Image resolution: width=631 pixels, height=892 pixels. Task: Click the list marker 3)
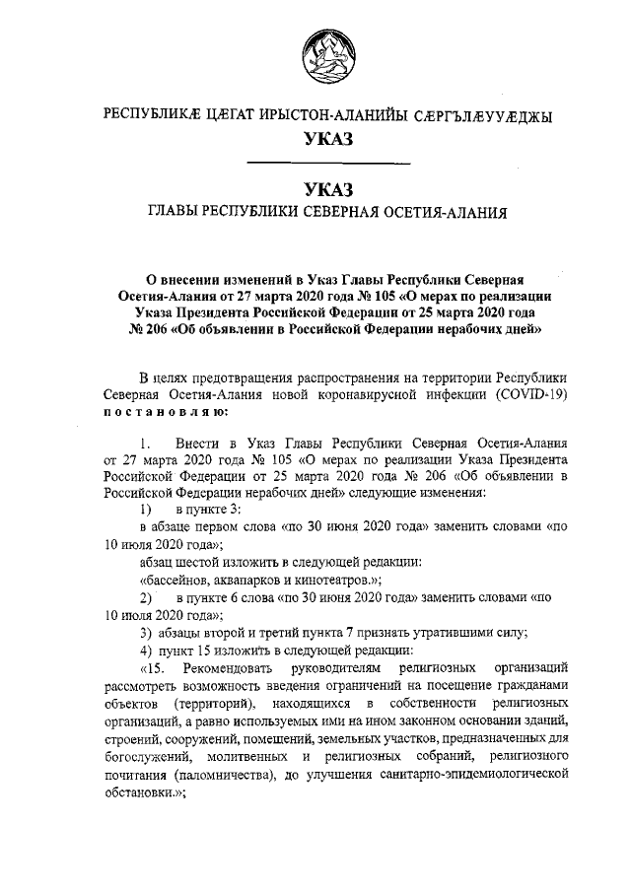coord(145,632)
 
